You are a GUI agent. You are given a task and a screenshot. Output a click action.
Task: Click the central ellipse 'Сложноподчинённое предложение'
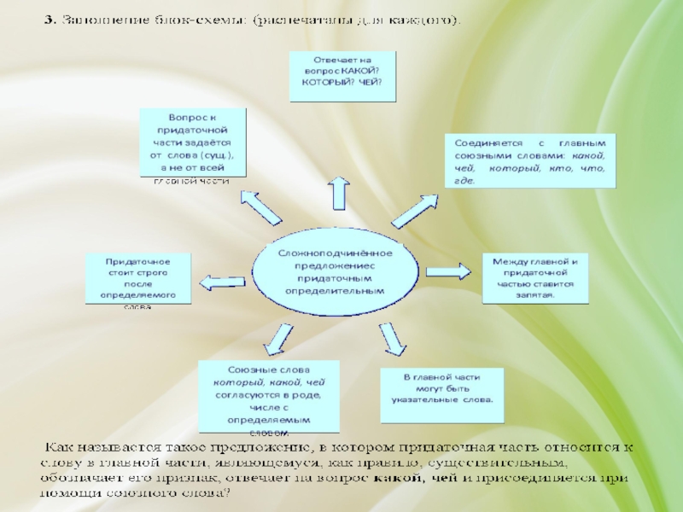pos(334,272)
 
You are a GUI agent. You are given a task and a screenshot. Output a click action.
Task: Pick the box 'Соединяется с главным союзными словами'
pos(528,161)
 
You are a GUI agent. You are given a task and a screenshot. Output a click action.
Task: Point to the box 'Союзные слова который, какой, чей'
pos(269,394)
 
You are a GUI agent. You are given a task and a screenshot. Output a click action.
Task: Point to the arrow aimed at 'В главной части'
pos(393,338)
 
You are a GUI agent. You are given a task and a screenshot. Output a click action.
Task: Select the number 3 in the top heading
pos(49,19)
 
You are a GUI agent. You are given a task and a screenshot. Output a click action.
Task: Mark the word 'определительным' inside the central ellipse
pos(334,290)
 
